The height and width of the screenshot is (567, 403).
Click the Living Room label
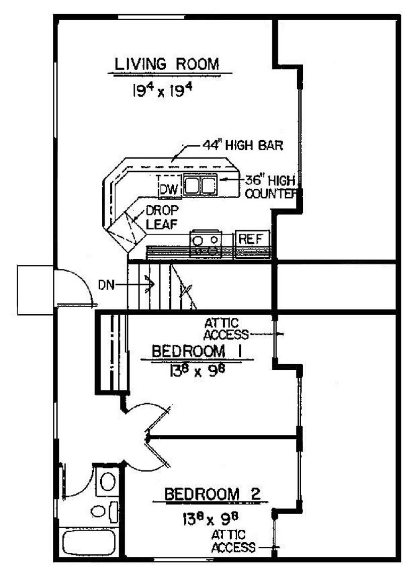pos(167,64)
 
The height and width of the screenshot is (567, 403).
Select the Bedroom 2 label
pos(213,494)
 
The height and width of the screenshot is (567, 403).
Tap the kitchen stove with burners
pos(206,244)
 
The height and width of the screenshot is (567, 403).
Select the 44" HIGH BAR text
pos(242,145)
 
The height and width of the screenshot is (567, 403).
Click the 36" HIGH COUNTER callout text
pos(272,187)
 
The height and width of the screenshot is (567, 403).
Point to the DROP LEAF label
pos(162,217)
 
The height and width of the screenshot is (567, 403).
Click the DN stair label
pos(106,286)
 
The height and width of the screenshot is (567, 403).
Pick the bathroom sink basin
pos(98,511)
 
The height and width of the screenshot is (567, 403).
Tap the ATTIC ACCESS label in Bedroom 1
pos(226,329)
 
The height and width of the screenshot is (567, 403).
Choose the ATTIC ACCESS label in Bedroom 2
pos(233,541)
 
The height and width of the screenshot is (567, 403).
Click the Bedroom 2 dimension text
pos(211,519)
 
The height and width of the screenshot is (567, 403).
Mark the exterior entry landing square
pos(35,290)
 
